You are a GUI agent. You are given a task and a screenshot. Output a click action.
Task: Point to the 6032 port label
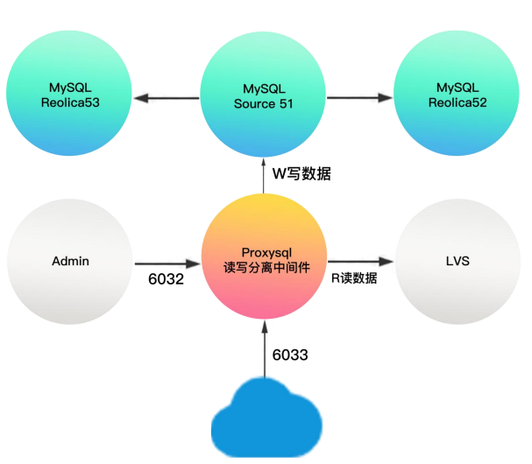point(167,280)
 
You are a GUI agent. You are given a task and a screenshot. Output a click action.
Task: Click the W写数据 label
point(302,173)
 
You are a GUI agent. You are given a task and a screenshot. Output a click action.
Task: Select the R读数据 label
point(355,279)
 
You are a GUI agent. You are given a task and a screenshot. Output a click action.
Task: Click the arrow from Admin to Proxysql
point(167,262)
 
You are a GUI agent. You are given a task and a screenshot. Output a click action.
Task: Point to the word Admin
point(72,262)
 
